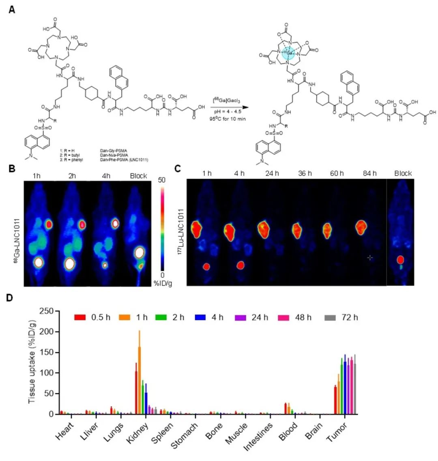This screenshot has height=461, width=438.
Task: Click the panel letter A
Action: (12, 9)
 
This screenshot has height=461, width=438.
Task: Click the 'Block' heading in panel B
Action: (139, 176)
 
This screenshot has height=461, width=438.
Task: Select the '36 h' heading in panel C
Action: (304, 173)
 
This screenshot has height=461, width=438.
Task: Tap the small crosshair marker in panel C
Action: (369, 257)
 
